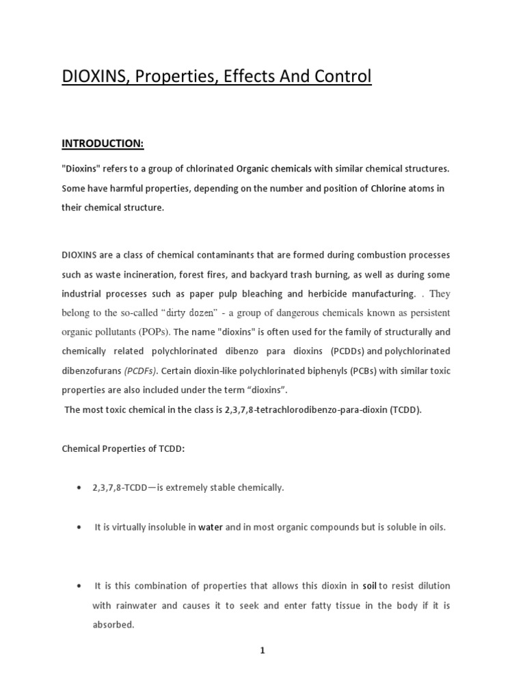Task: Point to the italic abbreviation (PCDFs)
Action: pyautogui.click(x=140, y=371)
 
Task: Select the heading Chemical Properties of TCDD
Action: pyautogui.click(x=123, y=448)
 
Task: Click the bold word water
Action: pyautogui.click(x=211, y=528)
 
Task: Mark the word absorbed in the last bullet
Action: pyautogui.click(x=113, y=625)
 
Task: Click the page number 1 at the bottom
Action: pyautogui.click(x=262, y=651)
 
